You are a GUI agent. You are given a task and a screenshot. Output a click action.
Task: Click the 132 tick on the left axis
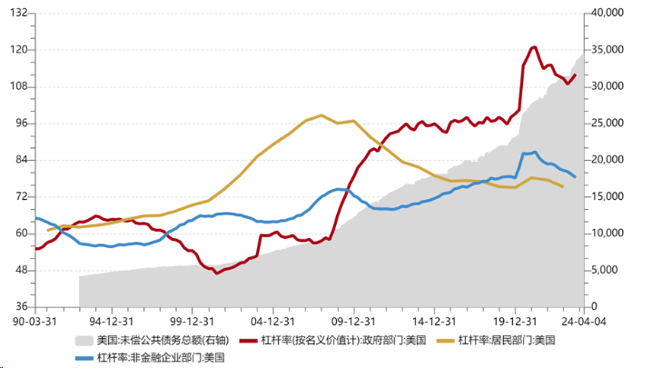(x=19, y=14)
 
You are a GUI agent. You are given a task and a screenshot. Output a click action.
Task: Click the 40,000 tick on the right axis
(x=607, y=14)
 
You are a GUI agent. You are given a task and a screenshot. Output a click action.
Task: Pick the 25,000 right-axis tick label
(x=607, y=124)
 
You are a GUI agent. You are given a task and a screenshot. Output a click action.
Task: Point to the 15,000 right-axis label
(x=607, y=197)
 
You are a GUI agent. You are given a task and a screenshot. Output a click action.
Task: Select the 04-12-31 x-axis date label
(x=271, y=321)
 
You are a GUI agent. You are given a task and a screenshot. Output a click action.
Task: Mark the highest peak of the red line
(x=533, y=47)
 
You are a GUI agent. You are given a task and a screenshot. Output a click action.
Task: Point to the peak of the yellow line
(x=322, y=115)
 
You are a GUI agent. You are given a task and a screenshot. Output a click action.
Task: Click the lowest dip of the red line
(x=216, y=273)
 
